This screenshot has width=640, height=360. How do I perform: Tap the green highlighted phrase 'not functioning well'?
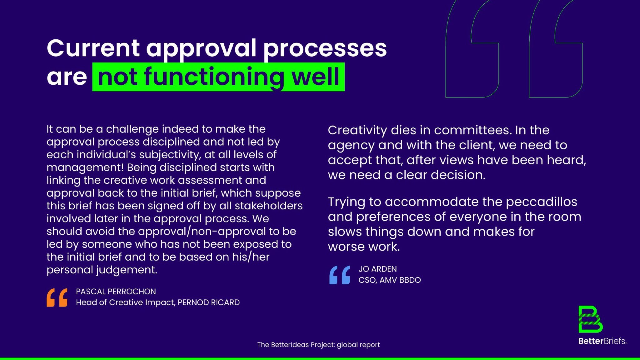click(x=218, y=77)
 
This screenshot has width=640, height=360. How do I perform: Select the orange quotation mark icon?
click(x=57, y=297)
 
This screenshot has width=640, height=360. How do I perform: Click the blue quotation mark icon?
click(x=340, y=275)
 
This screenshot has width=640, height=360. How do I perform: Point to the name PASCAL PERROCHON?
click(x=116, y=292)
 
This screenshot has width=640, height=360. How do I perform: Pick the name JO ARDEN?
click(x=377, y=269)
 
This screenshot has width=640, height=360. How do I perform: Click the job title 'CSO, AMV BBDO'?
click(x=390, y=280)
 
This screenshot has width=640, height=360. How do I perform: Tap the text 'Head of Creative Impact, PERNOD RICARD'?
click(x=158, y=302)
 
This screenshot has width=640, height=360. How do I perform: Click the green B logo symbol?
click(x=590, y=319)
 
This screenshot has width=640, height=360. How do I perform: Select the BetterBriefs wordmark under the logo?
click(x=602, y=341)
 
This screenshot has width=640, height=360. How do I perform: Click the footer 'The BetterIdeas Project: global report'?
click(x=318, y=345)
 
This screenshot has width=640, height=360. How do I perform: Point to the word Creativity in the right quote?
click(x=357, y=130)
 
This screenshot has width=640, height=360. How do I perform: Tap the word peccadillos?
click(x=542, y=202)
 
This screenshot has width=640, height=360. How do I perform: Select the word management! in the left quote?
click(x=85, y=167)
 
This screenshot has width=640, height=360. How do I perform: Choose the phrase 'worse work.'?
click(x=364, y=247)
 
